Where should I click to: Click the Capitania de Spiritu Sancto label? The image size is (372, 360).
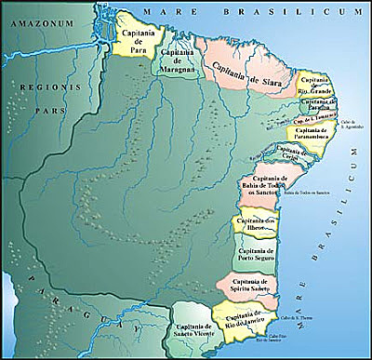coord(249,287)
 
